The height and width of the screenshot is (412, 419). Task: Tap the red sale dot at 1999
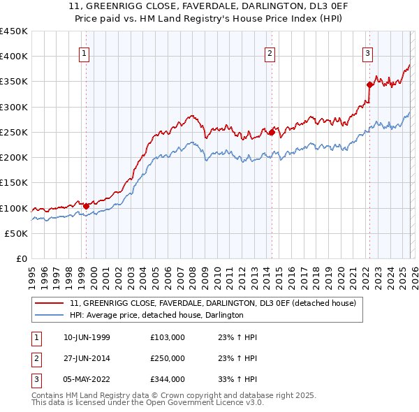(86, 206)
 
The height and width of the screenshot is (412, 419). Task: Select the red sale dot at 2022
(369, 84)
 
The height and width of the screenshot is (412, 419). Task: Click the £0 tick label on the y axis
(22, 259)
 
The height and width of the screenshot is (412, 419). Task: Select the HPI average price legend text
(156, 316)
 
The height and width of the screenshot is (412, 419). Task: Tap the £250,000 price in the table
(167, 358)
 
